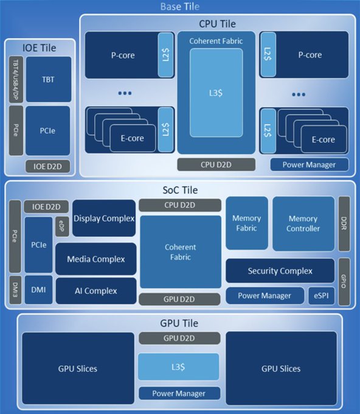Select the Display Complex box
pos(104,218)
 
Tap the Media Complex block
pos(95,259)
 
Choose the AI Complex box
pos(95,291)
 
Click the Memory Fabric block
pos(246,223)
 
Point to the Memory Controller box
pos(303,223)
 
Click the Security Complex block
pos(280,271)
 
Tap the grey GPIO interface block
pos(344,282)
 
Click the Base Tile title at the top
pos(179,7)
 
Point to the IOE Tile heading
pos(40,47)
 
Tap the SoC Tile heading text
pos(180,190)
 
